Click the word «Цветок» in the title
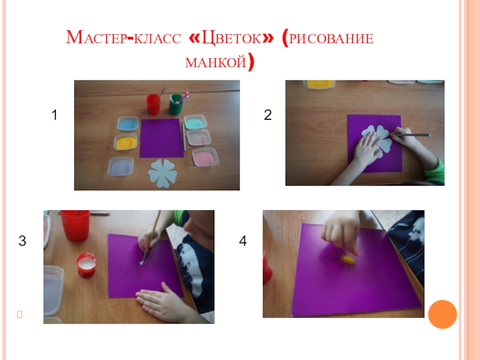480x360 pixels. [x=231, y=38]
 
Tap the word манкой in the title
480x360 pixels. [x=216, y=62]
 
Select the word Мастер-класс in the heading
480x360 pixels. [x=124, y=38]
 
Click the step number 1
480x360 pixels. [x=55, y=115]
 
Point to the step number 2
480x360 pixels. [x=268, y=115]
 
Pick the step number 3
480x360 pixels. [x=22, y=241]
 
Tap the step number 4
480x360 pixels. [x=243, y=241]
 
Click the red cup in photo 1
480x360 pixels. [x=153, y=104]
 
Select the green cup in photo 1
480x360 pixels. [x=176, y=104]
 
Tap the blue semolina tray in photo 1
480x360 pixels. [x=128, y=124]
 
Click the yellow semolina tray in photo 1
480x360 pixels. [x=126, y=142]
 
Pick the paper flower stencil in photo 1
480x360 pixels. [x=163, y=173]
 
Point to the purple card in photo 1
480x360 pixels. [x=161, y=139]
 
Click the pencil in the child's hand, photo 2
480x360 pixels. [x=412, y=134]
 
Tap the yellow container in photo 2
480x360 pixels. [x=319, y=84]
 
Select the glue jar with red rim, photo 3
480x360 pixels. [x=86, y=265]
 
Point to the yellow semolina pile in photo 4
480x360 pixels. [x=349, y=260]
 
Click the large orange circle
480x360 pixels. [x=442, y=314]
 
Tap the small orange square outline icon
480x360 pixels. [x=20, y=314]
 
